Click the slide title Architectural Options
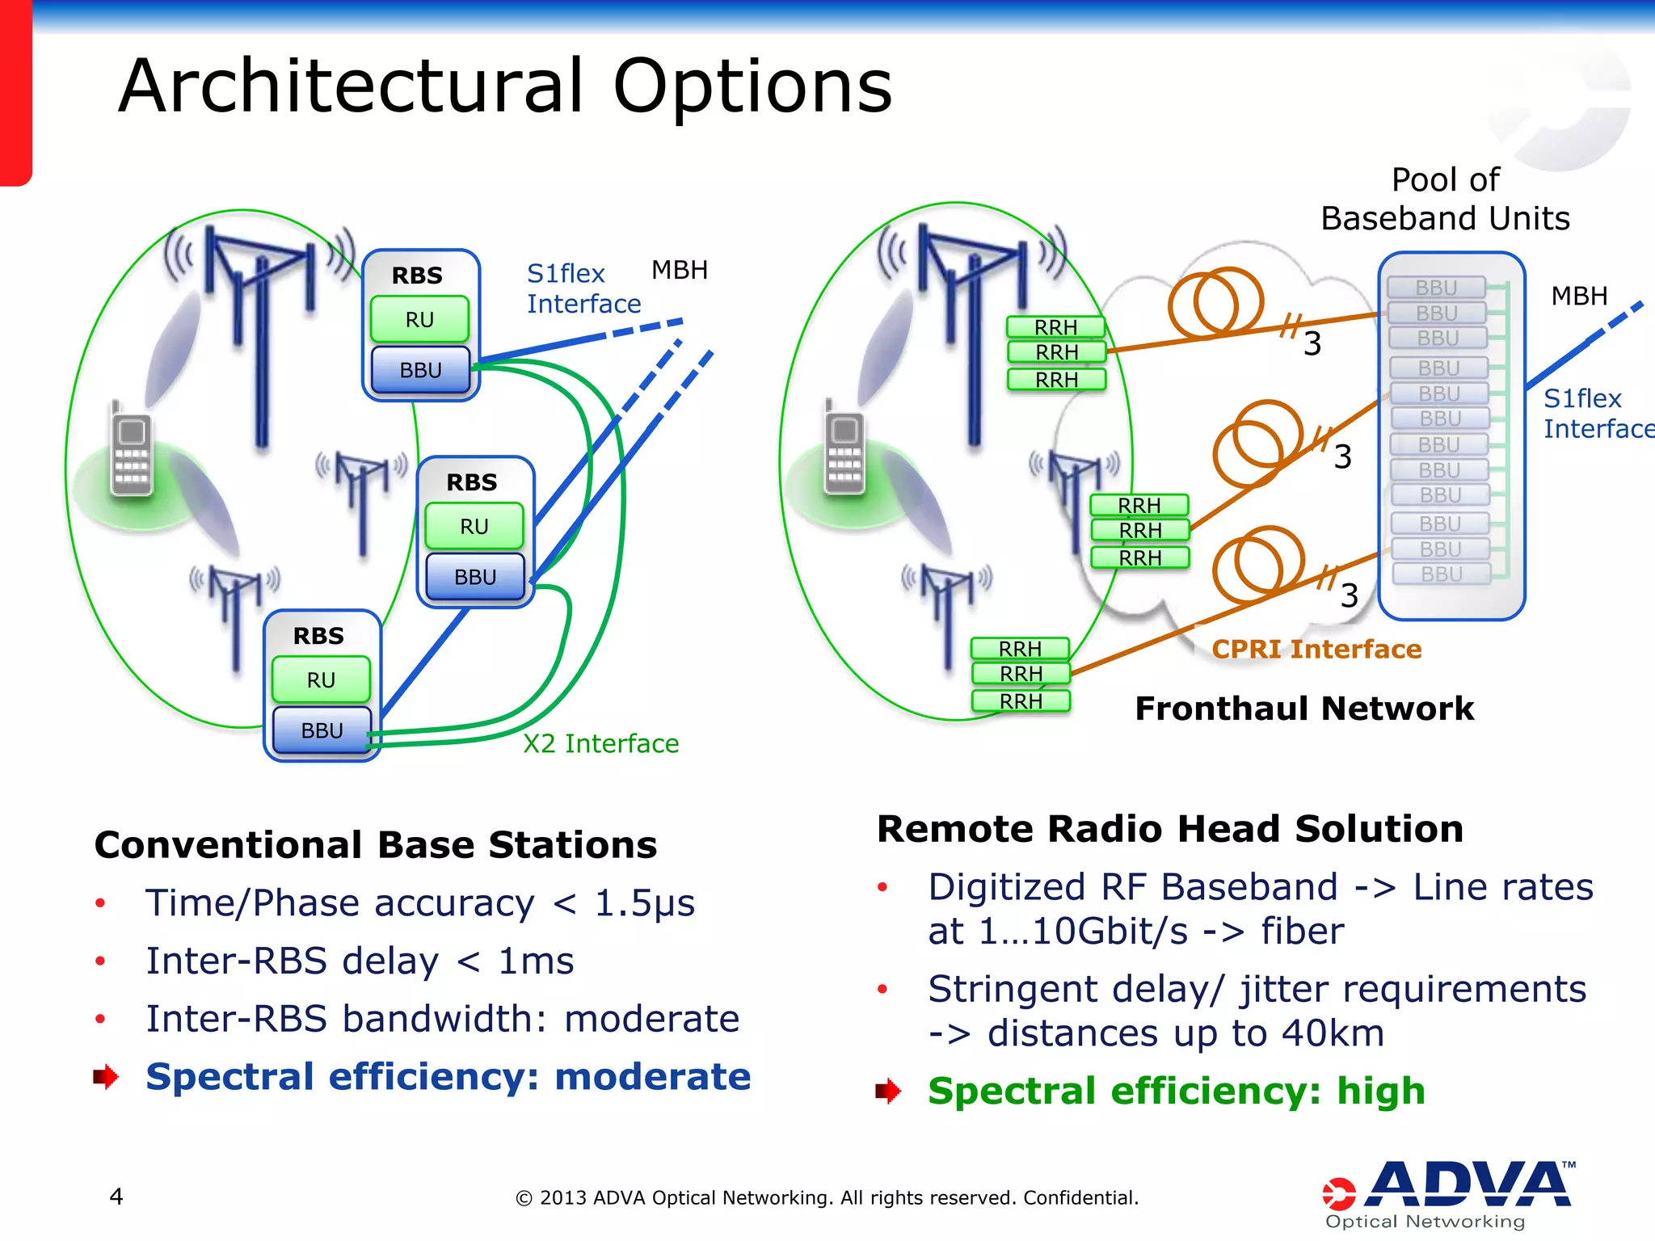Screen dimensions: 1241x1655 tap(505, 86)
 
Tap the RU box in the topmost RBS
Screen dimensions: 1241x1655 tap(419, 320)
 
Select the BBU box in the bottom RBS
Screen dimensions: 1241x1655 tap(322, 730)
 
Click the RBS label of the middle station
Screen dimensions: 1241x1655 tap(472, 482)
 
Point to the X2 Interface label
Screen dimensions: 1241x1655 tap(600, 743)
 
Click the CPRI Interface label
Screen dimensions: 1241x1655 tap(1316, 649)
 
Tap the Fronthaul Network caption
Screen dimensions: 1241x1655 tap(1303, 709)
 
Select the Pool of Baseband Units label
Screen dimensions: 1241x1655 tap(1445, 200)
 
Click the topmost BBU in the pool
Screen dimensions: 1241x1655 tap(1436, 288)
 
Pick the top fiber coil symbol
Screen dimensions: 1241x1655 tap(1215, 303)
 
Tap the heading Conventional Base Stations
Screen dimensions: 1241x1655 tap(376, 845)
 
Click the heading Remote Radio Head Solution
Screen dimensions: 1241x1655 tap(1169, 829)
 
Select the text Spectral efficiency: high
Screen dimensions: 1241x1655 tap(1176, 1091)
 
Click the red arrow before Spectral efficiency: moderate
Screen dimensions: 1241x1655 tap(106, 1076)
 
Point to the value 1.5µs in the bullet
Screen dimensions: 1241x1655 tap(644, 903)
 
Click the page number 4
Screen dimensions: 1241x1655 tap(116, 1197)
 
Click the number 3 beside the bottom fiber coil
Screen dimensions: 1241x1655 tap(1349, 596)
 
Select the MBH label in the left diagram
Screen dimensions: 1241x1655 tap(679, 270)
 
